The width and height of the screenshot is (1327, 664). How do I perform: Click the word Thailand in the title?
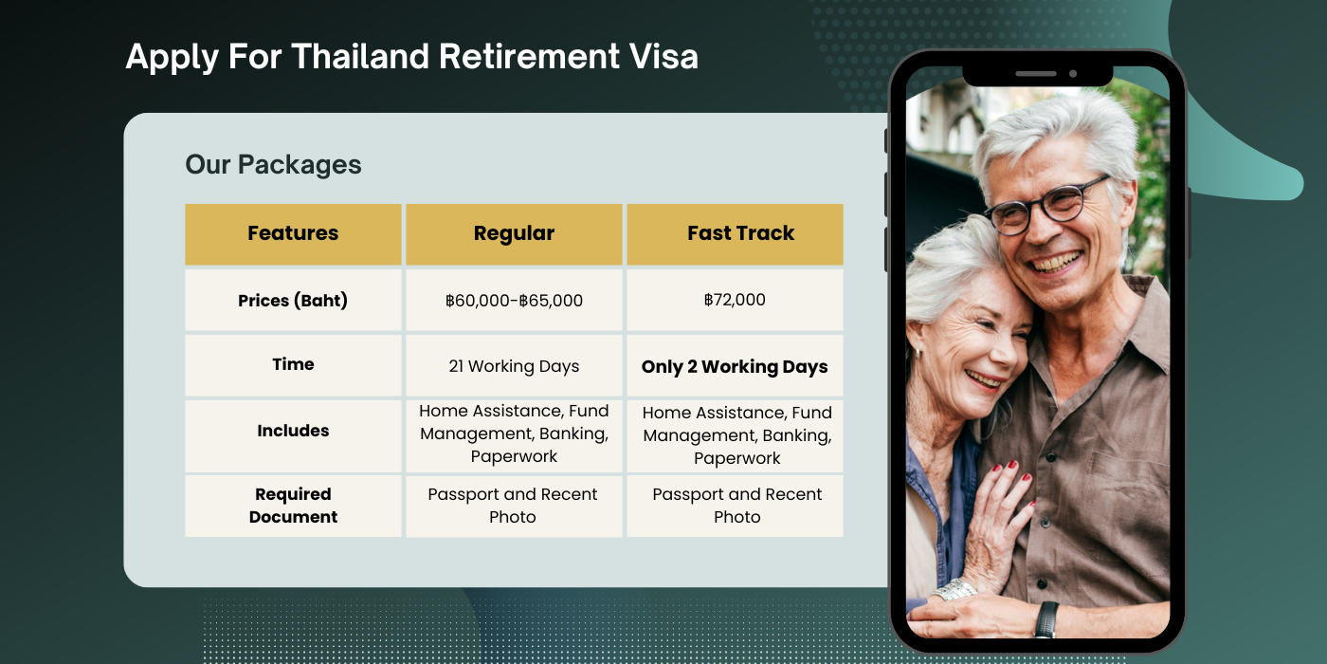click(x=360, y=57)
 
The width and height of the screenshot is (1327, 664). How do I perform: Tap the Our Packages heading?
click(x=273, y=164)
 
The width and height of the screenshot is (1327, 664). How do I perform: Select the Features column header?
click(x=293, y=233)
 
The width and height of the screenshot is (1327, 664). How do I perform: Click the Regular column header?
click(x=514, y=233)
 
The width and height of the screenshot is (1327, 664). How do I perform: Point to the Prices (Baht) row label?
click(x=293, y=301)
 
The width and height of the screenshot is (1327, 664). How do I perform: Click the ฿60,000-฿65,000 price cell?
click(x=514, y=301)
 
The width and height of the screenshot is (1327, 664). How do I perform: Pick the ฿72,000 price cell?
click(x=735, y=300)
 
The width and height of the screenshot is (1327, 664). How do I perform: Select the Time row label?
click(x=293, y=364)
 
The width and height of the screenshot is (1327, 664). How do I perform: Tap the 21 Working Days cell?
click(x=514, y=366)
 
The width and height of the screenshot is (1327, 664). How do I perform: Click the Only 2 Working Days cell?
click(x=735, y=367)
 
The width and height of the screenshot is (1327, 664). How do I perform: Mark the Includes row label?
click(x=293, y=431)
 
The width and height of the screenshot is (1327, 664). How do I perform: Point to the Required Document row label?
click(x=293, y=506)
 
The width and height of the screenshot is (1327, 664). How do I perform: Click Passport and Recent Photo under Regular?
click(x=513, y=506)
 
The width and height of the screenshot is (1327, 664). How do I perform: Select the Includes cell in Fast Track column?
click(x=736, y=435)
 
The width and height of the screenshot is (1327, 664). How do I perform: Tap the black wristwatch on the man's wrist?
click(x=1045, y=618)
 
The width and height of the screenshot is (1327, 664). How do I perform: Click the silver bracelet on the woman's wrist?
click(x=954, y=590)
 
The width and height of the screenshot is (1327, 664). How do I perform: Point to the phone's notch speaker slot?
click(x=1035, y=73)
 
